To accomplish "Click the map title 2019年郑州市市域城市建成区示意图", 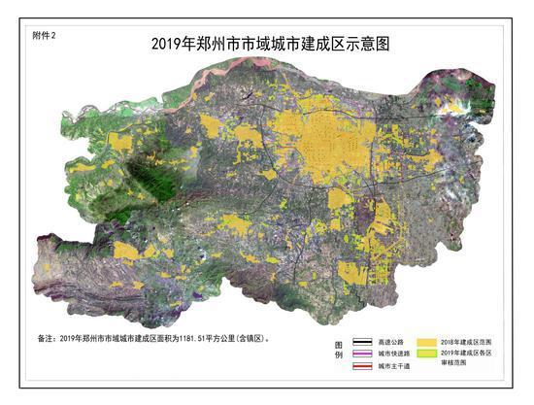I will pos(276,44).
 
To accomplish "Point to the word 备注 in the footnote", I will pos(46,339).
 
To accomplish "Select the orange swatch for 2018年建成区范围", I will pos(427,342).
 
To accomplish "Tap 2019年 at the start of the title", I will pos(171,44).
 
